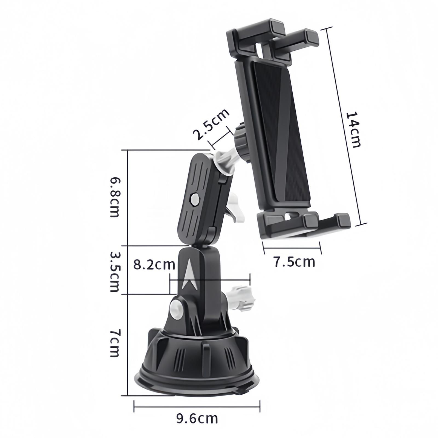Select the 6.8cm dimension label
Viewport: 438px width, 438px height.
coord(114,197)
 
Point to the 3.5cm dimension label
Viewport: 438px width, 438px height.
coord(114,272)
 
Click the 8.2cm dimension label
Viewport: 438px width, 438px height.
coord(154,265)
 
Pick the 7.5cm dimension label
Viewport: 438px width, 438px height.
coord(294,262)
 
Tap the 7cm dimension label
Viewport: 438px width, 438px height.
coord(114,343)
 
